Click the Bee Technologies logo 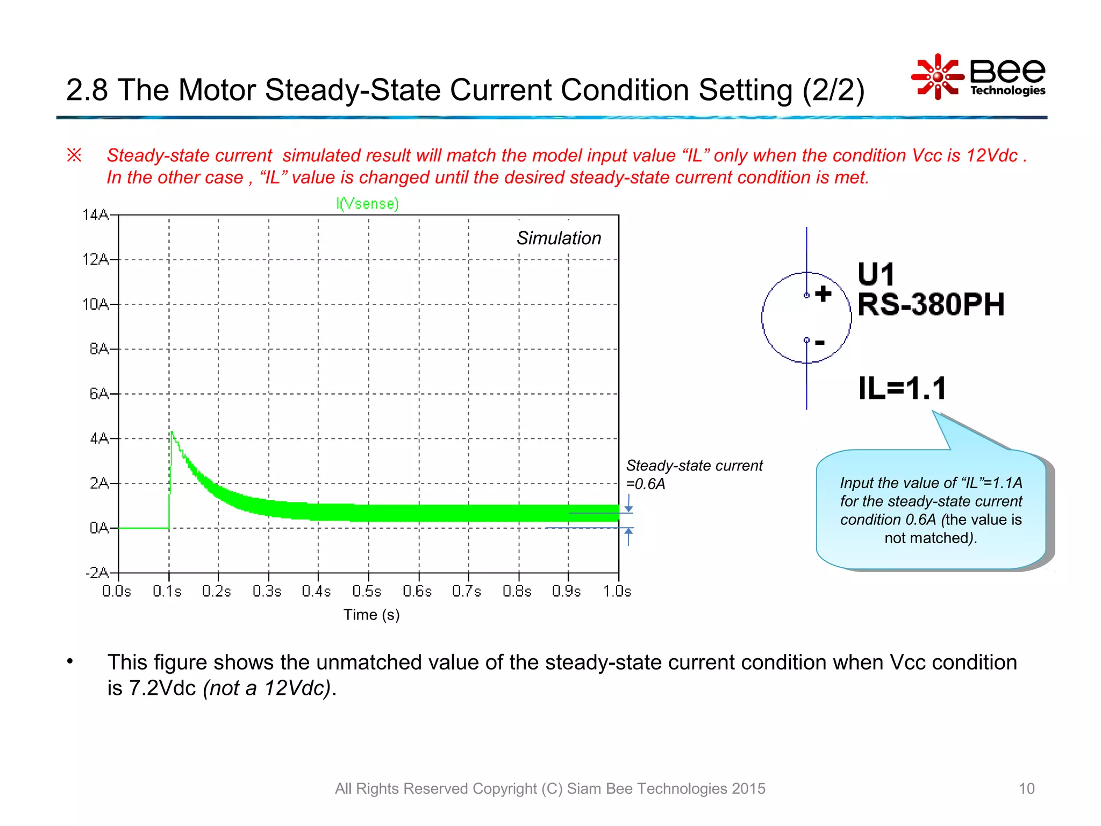tap(978, 77)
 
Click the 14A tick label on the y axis tap(95, 215)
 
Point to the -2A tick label tap(97, 573)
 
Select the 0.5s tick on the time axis tap(367, 592)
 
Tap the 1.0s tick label tap(617, 592)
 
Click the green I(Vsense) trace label tap(367, 204)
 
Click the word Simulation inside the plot tap(559, 238)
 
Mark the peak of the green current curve tap(171, 432)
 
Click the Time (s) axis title tap(371, 615)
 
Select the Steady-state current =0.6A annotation tap(694, 474)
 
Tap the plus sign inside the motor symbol tap(823, 294)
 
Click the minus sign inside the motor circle tap(819, 342)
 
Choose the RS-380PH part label tap(931, 304)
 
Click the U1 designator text tap(876, 274)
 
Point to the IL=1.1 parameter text tap(902, 388)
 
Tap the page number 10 tap(1026, 788)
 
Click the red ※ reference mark tap(74, 155)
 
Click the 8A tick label tap(99, 349)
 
